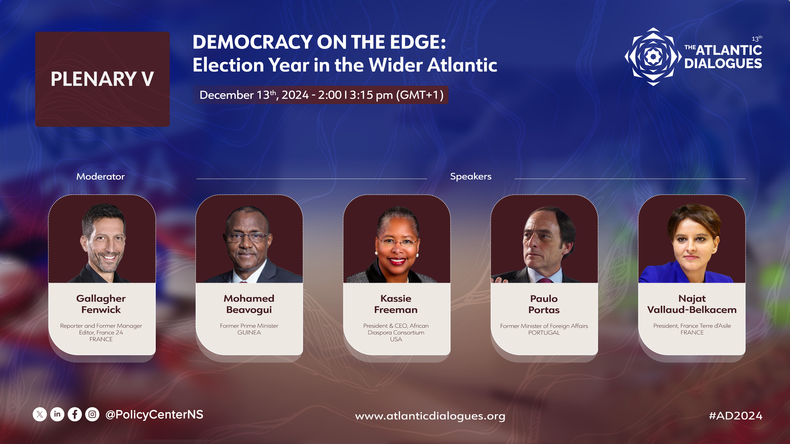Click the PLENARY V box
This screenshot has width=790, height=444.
[102, 79]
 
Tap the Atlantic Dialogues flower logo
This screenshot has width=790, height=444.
[653, 57]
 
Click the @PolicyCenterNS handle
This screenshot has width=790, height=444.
[154, 415]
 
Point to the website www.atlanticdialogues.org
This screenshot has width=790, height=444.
[430, 416]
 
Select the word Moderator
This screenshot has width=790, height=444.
[101, 177]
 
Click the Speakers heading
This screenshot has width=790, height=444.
[471, 177]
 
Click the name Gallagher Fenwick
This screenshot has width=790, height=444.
[101, 304]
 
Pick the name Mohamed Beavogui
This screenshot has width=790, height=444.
[249, 304]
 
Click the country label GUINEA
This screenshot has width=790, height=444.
[249, 332]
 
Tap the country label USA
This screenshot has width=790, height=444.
[396, 339]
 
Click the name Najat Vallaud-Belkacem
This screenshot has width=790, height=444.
[692, 304]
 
